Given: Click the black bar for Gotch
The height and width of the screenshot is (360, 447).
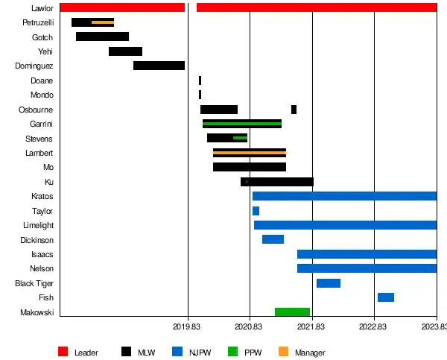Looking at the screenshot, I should [102, 37].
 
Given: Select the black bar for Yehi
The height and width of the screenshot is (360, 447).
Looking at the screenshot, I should [125, 51].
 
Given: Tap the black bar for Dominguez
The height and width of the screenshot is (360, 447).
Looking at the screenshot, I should [159, 66].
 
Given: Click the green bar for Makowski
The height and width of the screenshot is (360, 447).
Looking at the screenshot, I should [292, 312].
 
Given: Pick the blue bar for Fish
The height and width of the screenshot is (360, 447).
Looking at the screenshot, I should [385, 297].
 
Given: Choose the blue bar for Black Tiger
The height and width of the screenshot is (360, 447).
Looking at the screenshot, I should [329, 283].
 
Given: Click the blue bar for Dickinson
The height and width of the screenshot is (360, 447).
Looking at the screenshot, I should [273, 239].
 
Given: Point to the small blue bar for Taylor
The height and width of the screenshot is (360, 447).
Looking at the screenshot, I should [256, 211].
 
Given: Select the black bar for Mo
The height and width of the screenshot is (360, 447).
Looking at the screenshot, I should [250, 167].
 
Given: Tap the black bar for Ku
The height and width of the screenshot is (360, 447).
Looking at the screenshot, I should [277, 182].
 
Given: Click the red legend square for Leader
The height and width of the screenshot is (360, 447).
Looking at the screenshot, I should [63, 352].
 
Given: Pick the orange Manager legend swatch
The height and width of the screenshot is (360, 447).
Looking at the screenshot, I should [282, 352].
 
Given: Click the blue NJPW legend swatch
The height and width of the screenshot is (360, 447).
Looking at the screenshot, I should [177, 352].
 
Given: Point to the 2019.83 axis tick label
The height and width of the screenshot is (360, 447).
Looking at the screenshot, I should [186, 326].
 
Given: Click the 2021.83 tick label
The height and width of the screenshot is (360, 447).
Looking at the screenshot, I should [311, 326].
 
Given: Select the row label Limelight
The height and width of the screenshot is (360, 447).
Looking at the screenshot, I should [38, 225].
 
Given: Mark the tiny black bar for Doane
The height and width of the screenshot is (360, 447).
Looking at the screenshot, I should [200, 80].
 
